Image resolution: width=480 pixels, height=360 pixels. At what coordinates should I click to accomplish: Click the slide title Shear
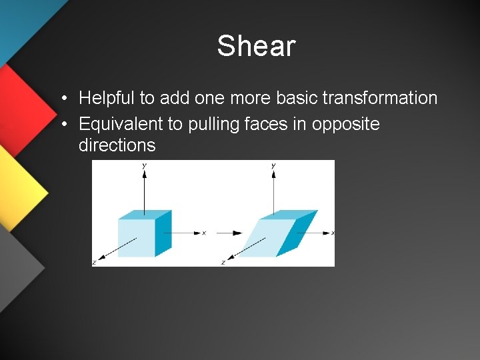tap(256, 46)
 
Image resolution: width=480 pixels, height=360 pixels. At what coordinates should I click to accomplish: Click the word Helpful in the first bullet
tap(107, 98)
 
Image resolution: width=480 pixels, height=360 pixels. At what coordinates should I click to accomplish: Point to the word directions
tap(117, 145)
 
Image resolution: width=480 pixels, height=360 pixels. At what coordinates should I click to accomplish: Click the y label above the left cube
tap(145, 165)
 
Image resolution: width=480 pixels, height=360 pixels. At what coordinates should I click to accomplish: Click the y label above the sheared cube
tap(274, 165)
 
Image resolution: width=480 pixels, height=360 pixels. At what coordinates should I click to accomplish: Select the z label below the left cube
tap(94, 262)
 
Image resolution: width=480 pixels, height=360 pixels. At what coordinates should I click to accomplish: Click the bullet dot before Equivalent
tap(62, 125)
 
